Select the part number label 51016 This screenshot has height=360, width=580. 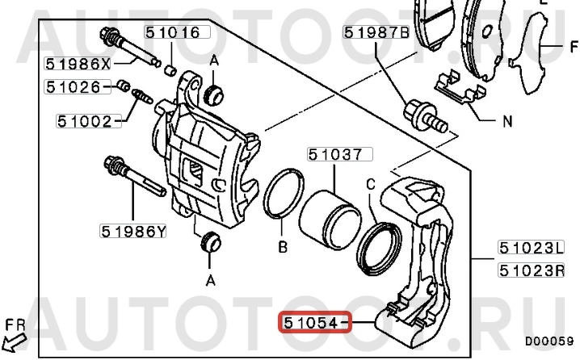tap(174, 32)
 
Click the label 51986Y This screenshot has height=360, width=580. tap(133, 232)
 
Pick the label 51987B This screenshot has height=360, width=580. tap(376, 33)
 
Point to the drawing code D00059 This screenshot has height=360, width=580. tap(549, 342)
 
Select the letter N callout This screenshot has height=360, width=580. tap(507, 123)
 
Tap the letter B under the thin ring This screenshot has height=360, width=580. tap(283, 247)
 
